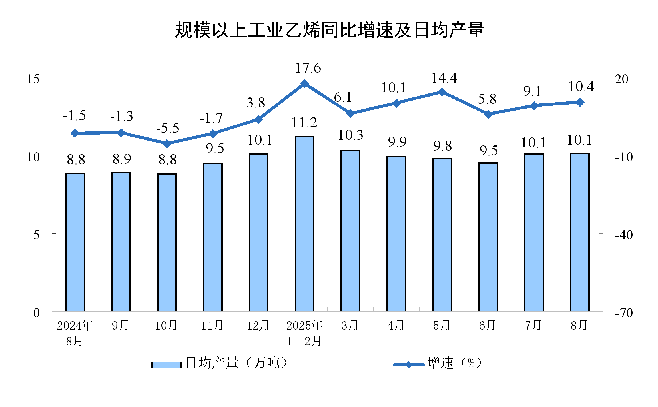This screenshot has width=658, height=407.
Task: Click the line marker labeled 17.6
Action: [x=304, y=84]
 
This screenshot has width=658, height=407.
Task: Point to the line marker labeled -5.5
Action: [x=167, y=143]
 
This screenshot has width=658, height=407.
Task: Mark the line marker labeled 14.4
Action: [x=442, y=92]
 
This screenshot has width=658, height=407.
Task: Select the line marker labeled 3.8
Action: [x=259, y=119]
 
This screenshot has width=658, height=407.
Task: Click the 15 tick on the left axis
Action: [x=33, y=79]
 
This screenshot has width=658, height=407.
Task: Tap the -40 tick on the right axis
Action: [x=624, y=235]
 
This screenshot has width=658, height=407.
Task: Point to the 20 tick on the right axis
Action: [x=621, y=79]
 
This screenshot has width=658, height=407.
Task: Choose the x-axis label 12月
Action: [x=258, y=326]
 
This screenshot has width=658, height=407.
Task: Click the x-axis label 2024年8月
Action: [x=75, y=333]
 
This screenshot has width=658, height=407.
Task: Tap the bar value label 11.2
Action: [x=304, y=123]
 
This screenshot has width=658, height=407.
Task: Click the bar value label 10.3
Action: [x=350, y=135]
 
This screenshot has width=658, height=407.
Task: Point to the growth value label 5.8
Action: [x=487, y=99]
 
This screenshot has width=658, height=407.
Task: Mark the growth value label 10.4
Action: [x=581, y=87]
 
